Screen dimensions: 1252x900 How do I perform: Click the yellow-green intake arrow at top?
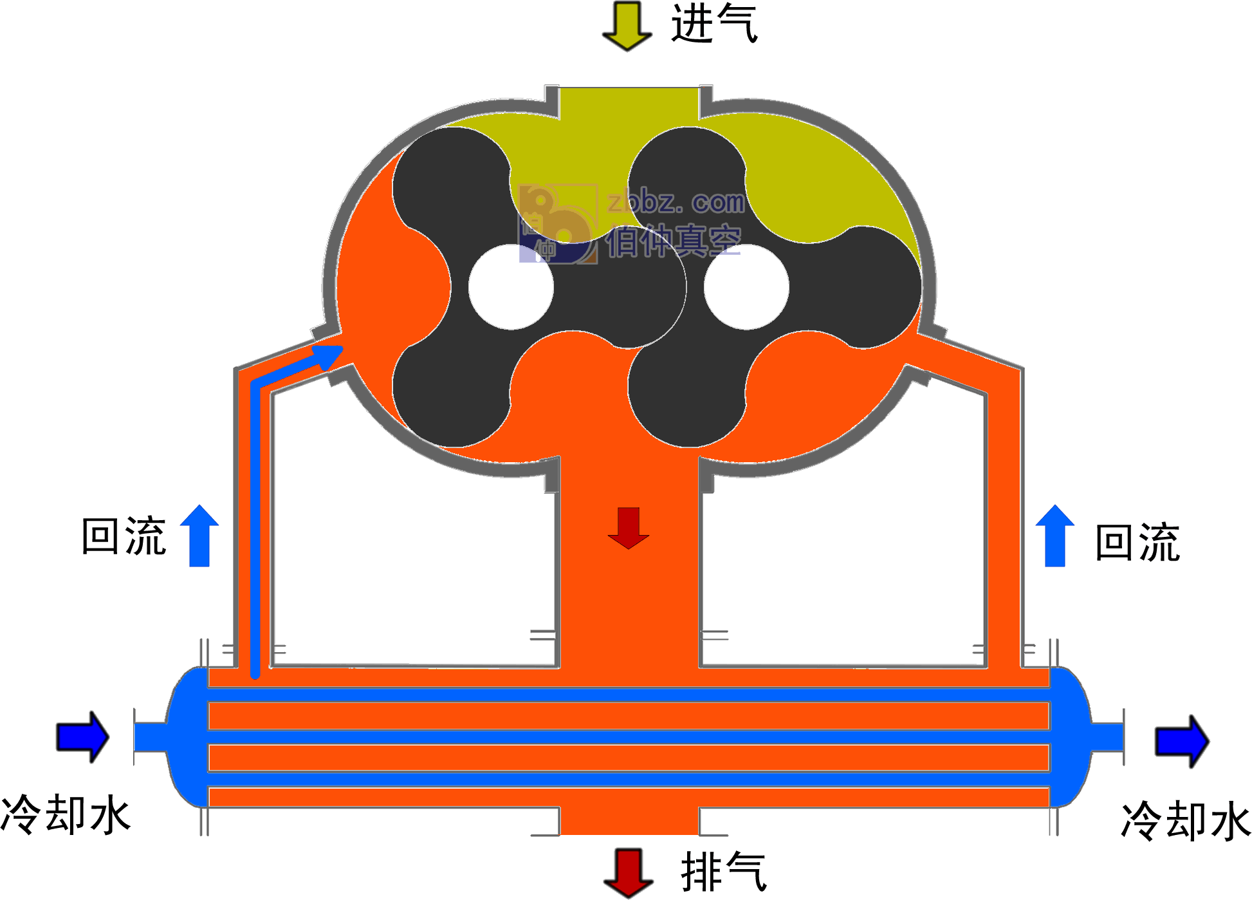(627, 26)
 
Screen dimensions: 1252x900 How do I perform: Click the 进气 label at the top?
(714, 23)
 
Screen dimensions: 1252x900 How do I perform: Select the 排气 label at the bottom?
(724, 872)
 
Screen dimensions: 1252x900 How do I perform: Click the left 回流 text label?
(124, 536)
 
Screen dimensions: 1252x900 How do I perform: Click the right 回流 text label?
(1137, 543)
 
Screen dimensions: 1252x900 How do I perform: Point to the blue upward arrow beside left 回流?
(199, 536)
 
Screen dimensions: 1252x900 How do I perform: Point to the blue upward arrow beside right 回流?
(1055, 536)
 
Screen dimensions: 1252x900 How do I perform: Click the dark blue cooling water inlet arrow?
(83, 737)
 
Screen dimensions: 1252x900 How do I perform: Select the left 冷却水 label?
(66, 814)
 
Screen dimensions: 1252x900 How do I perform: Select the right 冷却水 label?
(1186, 820)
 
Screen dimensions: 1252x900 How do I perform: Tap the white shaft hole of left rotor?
(511, 286)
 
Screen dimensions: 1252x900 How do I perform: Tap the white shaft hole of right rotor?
(746, 286)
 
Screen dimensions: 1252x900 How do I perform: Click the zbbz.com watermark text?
(676, 202)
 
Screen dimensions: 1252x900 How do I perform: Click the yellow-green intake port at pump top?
(629, 103)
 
